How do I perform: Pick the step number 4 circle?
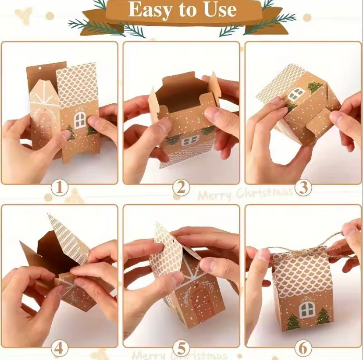(x=60, y=349)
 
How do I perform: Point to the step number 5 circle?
(x=181, y=349)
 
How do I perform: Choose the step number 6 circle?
(x=303, y=349)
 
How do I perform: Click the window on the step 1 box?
(x=80, y=120)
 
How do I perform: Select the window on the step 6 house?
(x=307, y=309)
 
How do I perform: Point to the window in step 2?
(x=190, y=140)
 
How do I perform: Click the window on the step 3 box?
(x=296, y=93)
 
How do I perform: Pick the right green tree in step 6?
(x=324, y=316)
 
